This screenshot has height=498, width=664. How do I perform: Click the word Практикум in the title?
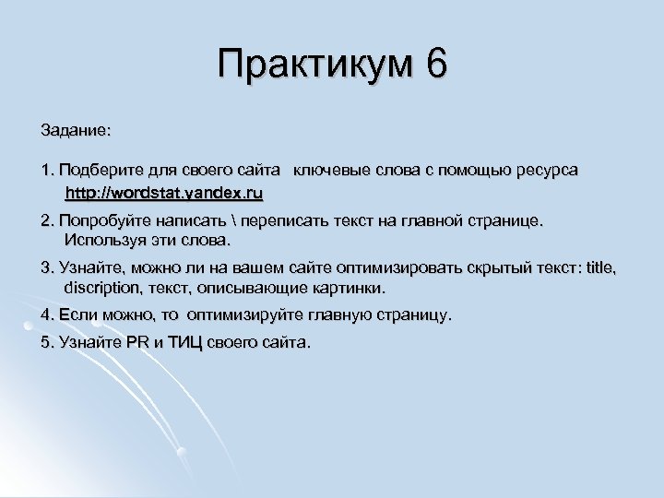point(316,65)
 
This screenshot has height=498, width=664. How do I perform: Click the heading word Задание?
point(77,132)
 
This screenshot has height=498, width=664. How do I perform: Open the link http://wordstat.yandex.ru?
point(164,193)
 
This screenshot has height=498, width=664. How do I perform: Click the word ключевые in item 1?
point(328,172)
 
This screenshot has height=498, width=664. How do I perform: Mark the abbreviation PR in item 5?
point(136,343)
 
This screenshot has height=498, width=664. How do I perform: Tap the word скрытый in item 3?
point(490,268)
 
